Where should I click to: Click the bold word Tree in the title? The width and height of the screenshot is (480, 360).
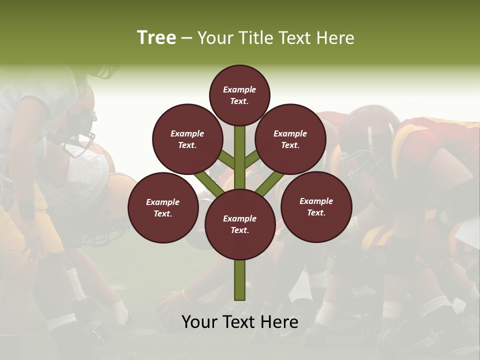(x=156, y=38)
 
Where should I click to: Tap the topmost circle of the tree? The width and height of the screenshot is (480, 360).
(x=239, y=95)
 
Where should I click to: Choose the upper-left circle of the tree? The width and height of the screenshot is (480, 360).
(x=187, y=139)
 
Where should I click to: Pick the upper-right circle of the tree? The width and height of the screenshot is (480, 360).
(x=290, y=139)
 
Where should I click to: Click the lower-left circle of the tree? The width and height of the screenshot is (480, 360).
(x=163, y=207)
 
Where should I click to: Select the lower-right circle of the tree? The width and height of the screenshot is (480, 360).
(x=316, y=206)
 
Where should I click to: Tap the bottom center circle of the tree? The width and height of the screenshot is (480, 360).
(x=239, y=224)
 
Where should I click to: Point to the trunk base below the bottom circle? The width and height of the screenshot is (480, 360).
(x=240, y=280)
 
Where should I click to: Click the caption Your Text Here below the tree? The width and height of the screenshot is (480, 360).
(x=239, y=322)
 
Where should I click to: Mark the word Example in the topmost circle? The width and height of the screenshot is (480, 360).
(x=239, y=89)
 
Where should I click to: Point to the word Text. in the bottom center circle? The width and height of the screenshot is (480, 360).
(x=239, y=230)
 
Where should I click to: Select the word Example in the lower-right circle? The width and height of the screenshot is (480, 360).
(x=316, y=201)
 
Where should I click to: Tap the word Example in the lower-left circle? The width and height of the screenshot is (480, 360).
(x=163, y=202)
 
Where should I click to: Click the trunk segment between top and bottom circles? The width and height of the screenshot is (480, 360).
(x=240, y=157)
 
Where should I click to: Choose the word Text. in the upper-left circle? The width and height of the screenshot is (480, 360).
(x=187, y=145)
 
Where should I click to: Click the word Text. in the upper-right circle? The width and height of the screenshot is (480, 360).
(x=290, y=145)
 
